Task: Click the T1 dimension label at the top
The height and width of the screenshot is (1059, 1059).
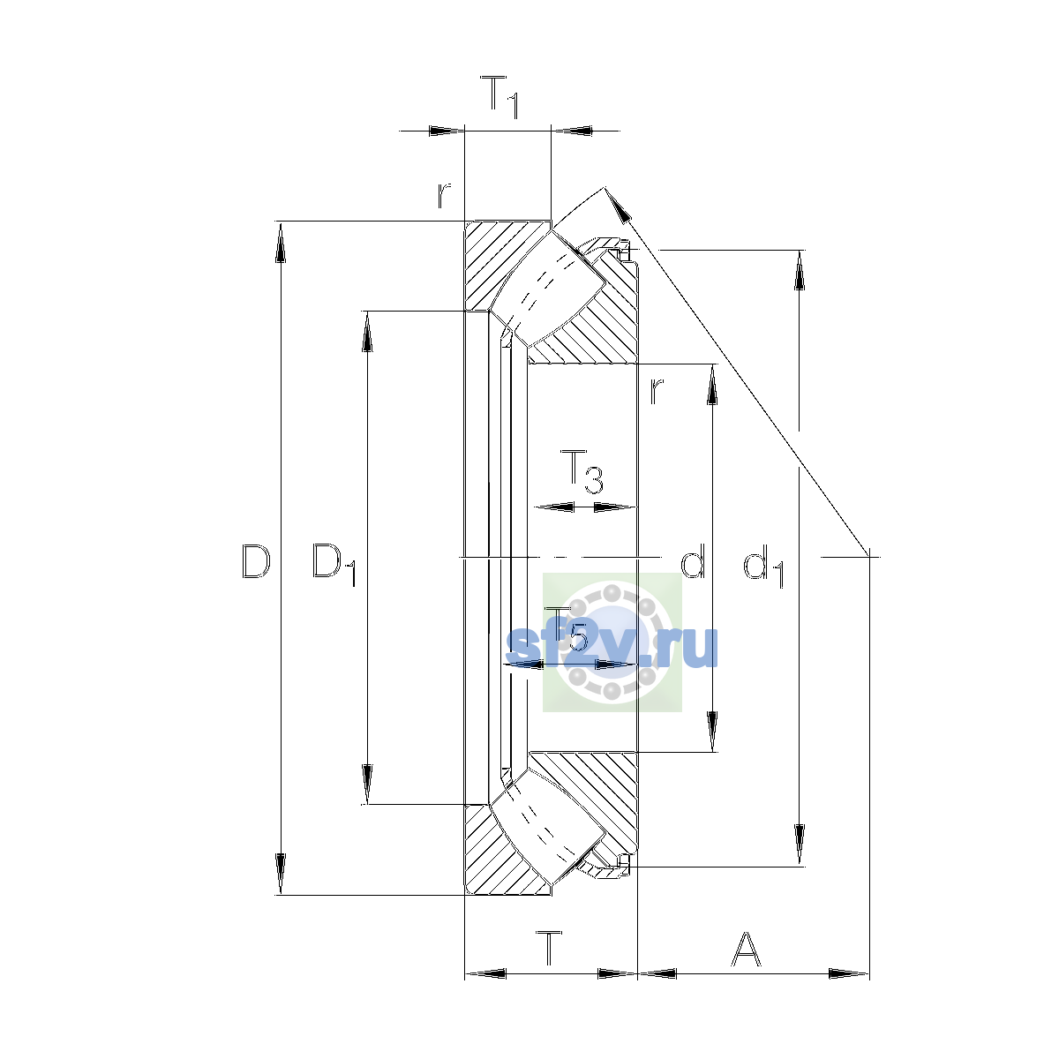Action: [499, 98]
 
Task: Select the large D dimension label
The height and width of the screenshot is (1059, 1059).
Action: [256, 561]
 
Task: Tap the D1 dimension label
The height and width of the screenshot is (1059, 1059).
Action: [334, 565]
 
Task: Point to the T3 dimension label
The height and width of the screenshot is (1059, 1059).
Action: [582, 471]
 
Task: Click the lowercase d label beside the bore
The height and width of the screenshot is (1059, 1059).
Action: [693, 560]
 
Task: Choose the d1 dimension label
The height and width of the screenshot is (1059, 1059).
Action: [763, 566]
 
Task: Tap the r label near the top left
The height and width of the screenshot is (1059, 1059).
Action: [444, 195]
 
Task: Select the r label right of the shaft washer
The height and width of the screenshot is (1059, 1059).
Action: [657, 391]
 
